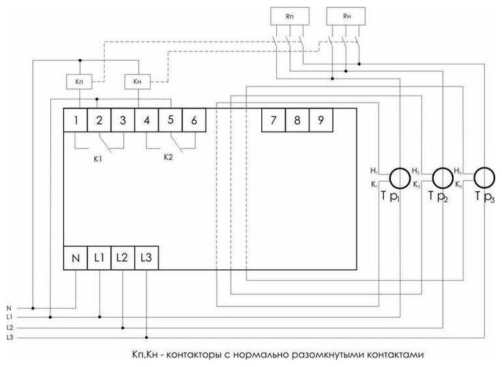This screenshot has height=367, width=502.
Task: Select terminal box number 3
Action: tap(123, 121)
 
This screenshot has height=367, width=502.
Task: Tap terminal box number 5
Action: tap(170, 121)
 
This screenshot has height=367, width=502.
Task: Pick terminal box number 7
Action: tap(273, 121)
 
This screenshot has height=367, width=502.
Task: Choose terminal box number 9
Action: tap(320, 121)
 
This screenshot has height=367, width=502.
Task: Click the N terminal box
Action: tap(76, 258)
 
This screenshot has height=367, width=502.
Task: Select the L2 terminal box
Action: tap(123, 258)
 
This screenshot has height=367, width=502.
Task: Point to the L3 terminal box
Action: tap(147, 258)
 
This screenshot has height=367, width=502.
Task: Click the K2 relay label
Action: tap(169, 157)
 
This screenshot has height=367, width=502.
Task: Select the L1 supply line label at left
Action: tap(10, 316)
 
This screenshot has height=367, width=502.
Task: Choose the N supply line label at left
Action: tap(9, 307)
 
